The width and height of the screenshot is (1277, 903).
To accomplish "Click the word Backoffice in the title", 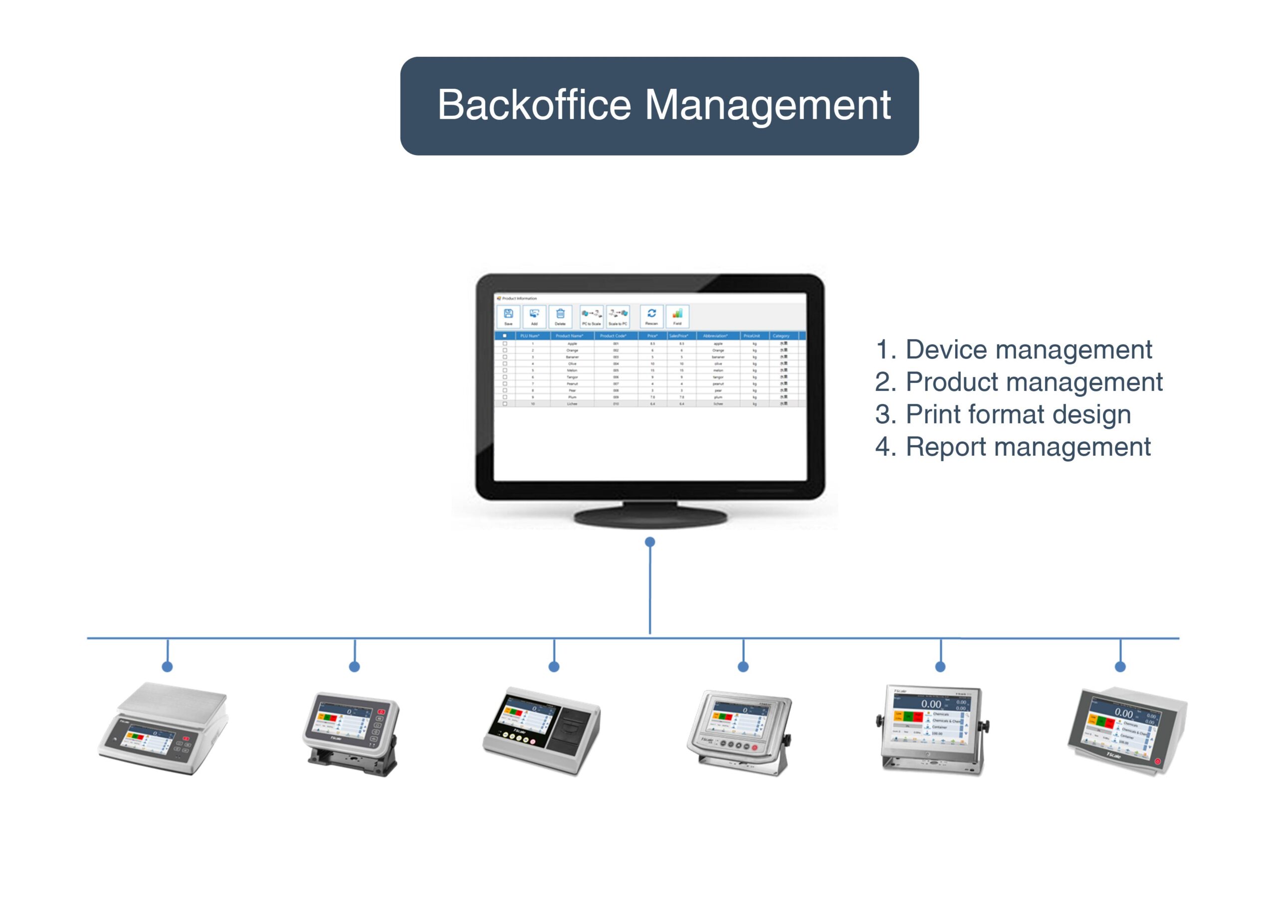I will click(534, 106).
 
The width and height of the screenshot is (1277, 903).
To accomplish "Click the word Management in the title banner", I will click(768, 106).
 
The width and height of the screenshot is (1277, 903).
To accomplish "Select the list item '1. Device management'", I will click(1013, 350).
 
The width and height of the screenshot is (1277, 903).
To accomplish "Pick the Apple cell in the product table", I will click(572, 344).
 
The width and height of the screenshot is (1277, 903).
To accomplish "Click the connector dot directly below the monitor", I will click(649, 542).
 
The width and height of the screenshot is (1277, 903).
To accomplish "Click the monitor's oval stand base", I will click(651, 518).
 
